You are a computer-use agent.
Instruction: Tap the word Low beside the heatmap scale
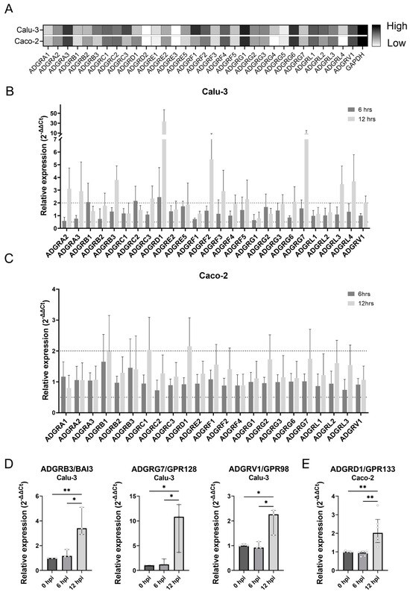(392, 43)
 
